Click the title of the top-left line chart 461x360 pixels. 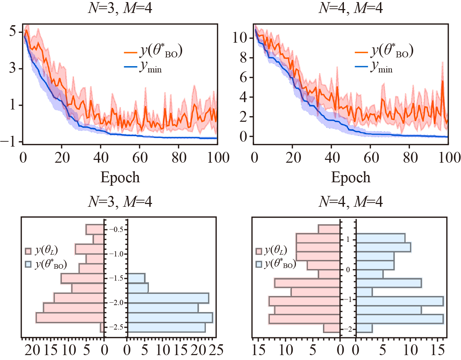pyautogui.click(x=120, y=8)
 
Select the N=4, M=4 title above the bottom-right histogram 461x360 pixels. pyautogui.click(x=351, y=202)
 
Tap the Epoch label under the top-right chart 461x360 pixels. pyautogui.click(x=351, y=177)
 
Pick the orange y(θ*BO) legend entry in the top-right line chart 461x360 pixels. pyautogui.click(x=384, y=51)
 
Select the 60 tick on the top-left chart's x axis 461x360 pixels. pyautogui.click(x=140, y=158)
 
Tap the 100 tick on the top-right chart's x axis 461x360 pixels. pyautogui.click(x=449, y=158)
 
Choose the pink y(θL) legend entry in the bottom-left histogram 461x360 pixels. pyautogui.click(x=41, y=251)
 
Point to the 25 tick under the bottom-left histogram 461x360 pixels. pyautogui.click(x=216, y=350)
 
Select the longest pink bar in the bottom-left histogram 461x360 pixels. pyautogui.click(x=70, y=318)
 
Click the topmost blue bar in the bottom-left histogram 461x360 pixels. pyautogui.click(x=136, y=278)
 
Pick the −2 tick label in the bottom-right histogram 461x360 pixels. pyautogui.click(x=348, y=329)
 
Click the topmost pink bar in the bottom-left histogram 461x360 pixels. pyautogui.click(x=95, y=230)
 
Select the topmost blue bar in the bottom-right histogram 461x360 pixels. pyautogui.click(x=381, y=238)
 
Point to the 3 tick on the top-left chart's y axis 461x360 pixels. pyautogui.click(x=13, y=68)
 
